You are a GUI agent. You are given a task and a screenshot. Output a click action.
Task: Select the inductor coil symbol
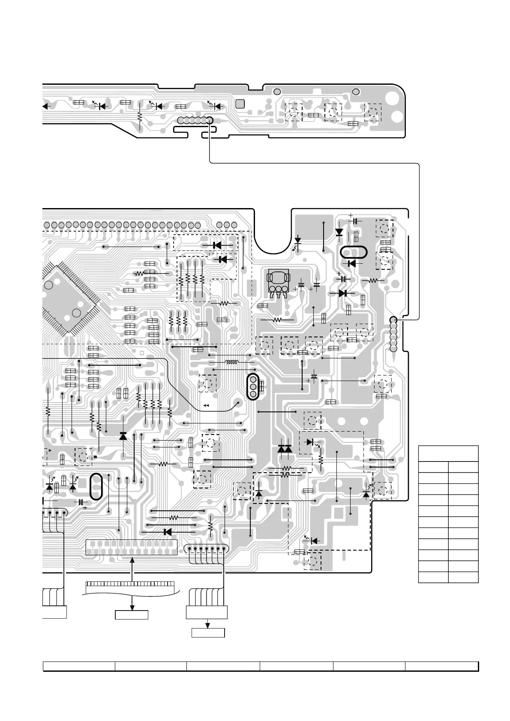232,363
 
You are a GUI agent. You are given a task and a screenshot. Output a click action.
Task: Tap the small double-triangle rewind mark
206,405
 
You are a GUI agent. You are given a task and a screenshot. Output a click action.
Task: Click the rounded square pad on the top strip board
240,104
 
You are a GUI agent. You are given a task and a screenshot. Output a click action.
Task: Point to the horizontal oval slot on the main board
354,252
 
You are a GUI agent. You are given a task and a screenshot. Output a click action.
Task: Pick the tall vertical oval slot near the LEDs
97,486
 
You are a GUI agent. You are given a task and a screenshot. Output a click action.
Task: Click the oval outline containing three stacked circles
253,387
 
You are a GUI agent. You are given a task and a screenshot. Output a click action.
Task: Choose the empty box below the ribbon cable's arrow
132,615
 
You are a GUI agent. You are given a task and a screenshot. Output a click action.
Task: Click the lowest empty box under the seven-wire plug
208,632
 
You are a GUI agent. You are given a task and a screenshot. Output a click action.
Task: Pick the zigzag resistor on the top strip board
139,116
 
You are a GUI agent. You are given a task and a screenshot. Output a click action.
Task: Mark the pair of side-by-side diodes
285,449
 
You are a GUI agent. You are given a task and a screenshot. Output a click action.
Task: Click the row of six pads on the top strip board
195,120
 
